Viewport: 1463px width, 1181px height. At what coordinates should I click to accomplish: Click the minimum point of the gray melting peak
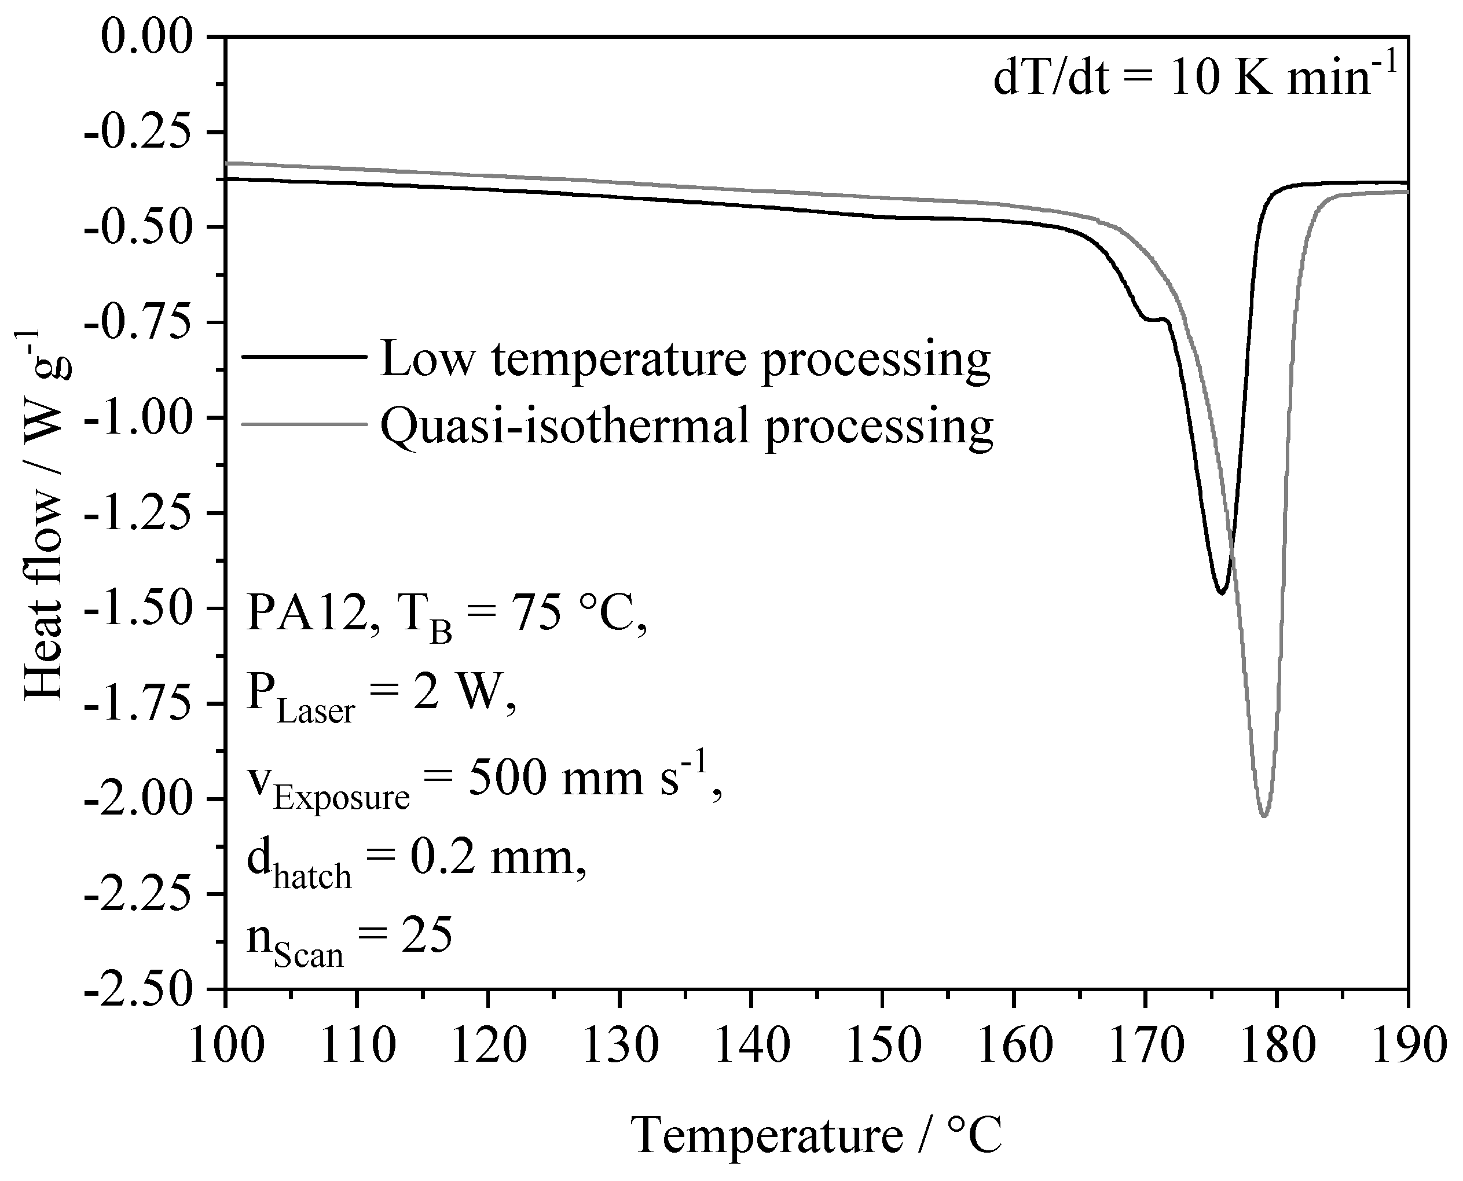[x=1264, y=815]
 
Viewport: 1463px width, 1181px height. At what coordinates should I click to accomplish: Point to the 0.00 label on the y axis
[x=147, y=36]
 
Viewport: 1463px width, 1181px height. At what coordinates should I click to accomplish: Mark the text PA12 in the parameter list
[x=305, y=612]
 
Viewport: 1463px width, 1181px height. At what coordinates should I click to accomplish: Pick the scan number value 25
[x=427, y=937]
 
